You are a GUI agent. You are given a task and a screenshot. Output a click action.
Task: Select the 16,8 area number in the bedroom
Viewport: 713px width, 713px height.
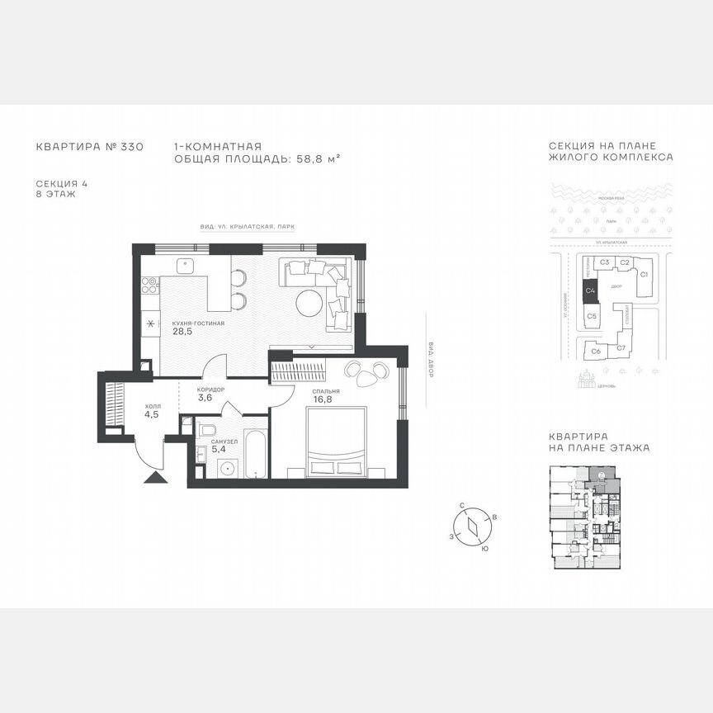[322, 402]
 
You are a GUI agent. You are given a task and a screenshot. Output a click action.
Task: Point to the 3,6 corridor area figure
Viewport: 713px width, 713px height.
[205, 398]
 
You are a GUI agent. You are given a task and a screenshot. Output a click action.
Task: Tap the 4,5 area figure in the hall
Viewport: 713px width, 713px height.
[152, 415]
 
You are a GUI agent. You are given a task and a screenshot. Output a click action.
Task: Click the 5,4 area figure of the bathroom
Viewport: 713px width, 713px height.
[219, 451]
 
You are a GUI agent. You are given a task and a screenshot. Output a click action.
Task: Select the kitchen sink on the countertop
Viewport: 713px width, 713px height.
[187, 267]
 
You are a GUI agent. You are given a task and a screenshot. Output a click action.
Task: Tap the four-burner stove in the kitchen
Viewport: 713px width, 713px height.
[150, 286]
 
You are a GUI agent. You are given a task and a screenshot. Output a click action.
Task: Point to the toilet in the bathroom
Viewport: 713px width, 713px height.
[207, 430]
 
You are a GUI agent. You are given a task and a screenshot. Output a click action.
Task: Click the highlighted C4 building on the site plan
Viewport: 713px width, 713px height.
[590, 290]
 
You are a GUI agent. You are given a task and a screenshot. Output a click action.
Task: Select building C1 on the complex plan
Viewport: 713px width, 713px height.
[645, 274]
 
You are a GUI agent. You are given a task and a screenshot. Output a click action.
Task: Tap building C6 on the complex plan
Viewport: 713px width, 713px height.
[595, 350]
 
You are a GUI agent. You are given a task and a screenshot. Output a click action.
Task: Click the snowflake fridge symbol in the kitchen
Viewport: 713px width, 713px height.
[150, 323]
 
